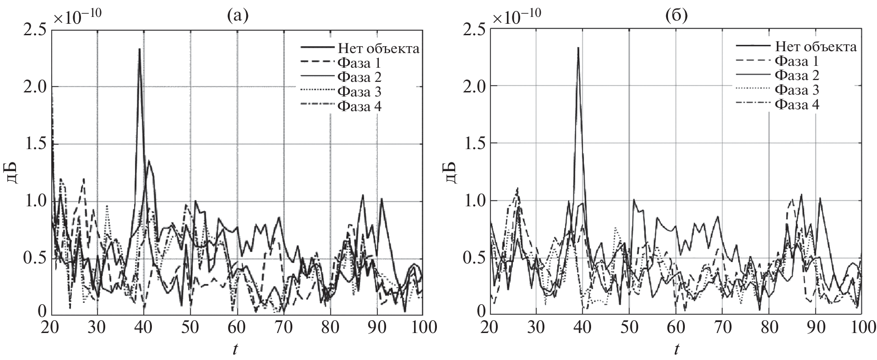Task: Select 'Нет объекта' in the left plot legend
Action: (x=378, y=48)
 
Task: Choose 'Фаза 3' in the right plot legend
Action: (x=797, y=90)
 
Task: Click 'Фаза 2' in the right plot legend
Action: (x=797, y=75)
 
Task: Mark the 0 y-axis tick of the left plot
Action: (x=42, y=312)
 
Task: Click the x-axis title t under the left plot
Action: (x=235, y=349)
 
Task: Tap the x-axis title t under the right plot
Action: (x=676, y=349)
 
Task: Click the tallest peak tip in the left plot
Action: (x=139, y=48)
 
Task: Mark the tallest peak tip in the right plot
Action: (x=578, y=48)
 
